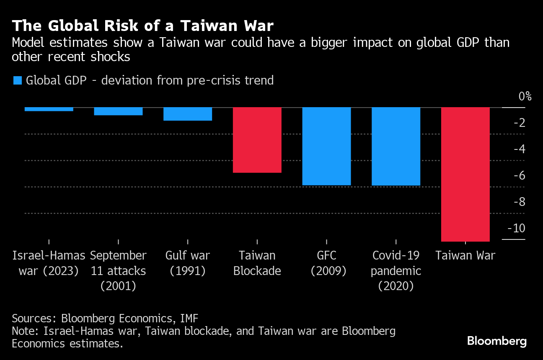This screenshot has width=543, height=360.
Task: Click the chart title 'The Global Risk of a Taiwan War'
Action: click(142, 26)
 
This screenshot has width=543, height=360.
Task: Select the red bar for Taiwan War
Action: click(465, 174)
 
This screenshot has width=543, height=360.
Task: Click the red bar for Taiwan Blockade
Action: click(257, 140)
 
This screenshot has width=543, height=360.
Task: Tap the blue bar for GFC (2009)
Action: click(326, 146)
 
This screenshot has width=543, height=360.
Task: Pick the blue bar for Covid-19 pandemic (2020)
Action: click(396, 146)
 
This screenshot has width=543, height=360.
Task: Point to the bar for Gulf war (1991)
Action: click(188, 114)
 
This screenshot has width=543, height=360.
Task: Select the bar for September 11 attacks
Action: click(118, 111)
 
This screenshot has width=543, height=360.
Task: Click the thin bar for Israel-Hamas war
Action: click(49, 109)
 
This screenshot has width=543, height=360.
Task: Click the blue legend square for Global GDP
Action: click(17, 80)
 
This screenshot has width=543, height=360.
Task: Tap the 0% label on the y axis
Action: click(525, 96)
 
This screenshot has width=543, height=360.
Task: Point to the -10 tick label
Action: click(516, 229)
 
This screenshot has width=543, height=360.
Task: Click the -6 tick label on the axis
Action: click(519, 176)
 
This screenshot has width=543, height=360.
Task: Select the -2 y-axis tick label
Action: click(519, 123)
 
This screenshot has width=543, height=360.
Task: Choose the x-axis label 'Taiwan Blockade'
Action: click(257, 263)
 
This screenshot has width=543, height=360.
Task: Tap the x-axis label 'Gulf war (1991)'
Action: click(188, 263)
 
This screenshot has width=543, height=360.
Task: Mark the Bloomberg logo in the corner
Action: click(497, 341)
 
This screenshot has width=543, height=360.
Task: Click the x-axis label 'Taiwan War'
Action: click(465, 255)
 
